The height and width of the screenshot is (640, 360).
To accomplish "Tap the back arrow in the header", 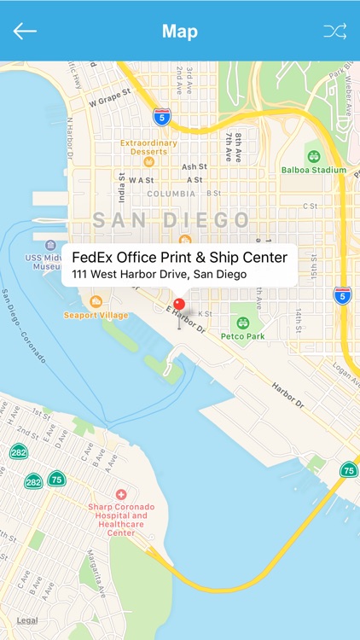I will [25, 32].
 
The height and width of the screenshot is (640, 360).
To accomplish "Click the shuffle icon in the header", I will [334, 32].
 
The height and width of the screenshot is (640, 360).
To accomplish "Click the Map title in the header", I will [180, 32].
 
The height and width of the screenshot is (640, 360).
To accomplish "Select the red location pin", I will [179, 305].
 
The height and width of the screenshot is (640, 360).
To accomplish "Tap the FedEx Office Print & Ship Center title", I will [179, 257].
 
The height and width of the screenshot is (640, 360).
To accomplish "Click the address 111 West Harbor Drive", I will [160, 274].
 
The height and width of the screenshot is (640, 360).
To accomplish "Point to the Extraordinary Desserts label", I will [148, 147].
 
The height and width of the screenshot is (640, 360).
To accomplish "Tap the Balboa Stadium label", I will [314, 169].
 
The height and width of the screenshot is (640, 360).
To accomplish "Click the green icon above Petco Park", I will [243, 323].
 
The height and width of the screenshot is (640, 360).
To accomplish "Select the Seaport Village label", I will [96, 315].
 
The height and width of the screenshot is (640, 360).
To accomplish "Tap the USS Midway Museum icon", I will [50, 246].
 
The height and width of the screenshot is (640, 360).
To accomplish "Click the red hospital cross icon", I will [121, 494].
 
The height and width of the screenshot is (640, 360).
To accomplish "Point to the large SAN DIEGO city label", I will [171, 220].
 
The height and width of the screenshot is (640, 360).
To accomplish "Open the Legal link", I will [27, 620].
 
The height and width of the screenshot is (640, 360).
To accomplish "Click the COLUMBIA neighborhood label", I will [171, 194].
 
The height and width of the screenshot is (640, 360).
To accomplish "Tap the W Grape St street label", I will [108, 100].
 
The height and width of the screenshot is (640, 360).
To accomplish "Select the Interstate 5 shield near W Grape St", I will [161, 115].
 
